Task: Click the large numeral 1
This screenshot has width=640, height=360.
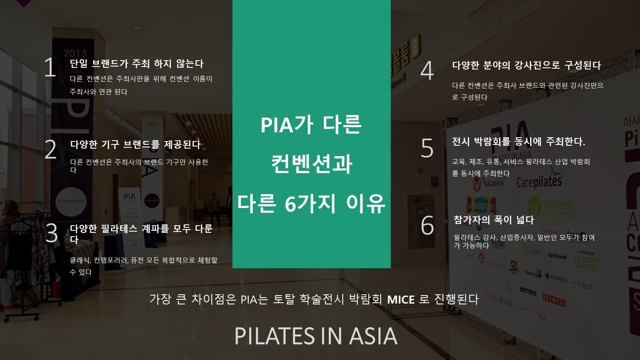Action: pos(50,67)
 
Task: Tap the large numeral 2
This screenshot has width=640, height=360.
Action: pos(51,149)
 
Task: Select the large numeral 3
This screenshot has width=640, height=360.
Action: pos(51,233)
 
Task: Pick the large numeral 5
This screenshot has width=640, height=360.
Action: pos(427,148)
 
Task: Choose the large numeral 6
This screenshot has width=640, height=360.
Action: pos(427,225)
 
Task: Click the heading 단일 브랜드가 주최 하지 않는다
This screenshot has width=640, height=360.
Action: pos(136,64)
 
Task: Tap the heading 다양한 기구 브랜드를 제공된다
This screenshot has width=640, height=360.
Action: pos(136,144)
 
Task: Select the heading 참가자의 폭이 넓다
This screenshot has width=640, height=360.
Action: pos(494,220)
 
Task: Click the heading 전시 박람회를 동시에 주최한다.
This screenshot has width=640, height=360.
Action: pos(518,141)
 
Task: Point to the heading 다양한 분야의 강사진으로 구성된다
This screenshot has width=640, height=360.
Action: pos(527,65)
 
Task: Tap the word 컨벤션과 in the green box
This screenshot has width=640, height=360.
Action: pos(312,164)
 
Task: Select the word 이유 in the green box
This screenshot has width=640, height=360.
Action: pos(366,203)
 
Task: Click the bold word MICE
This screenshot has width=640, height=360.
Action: pos(400,300)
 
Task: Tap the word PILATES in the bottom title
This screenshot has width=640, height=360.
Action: pos(275,336)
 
